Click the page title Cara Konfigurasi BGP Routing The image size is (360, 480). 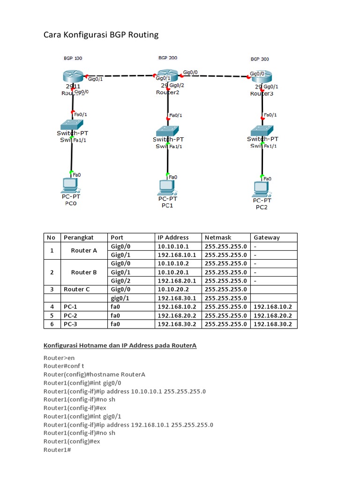101,35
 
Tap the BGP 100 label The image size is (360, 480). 73,59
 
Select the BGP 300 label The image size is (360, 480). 259,60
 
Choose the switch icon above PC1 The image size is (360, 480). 167,130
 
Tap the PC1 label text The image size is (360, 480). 167,205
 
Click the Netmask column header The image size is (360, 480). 218,238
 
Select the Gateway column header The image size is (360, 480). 266,238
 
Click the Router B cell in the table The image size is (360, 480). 83,272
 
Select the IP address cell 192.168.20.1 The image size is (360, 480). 177,281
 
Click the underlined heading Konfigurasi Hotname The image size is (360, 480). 120,346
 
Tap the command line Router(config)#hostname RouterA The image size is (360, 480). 94,374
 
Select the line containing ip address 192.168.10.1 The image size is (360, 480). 128,425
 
